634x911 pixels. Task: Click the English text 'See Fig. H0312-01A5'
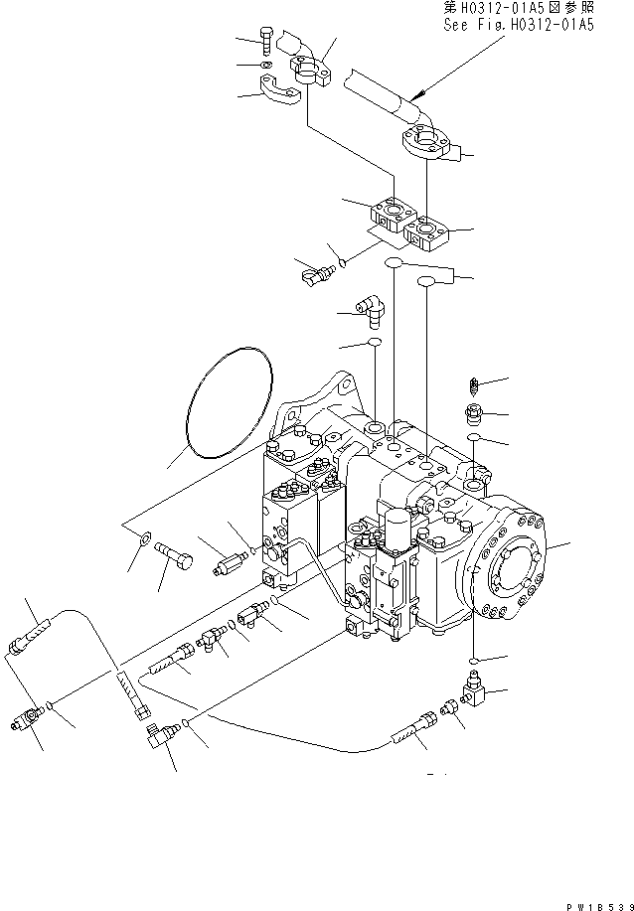[x=518, y=26]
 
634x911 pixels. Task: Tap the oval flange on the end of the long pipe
[x=429, y=144]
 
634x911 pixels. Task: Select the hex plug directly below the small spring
[x=474, y=412]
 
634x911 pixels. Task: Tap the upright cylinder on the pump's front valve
[x=397, y=527]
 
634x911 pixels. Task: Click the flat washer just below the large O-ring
[x=144, y=540]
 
